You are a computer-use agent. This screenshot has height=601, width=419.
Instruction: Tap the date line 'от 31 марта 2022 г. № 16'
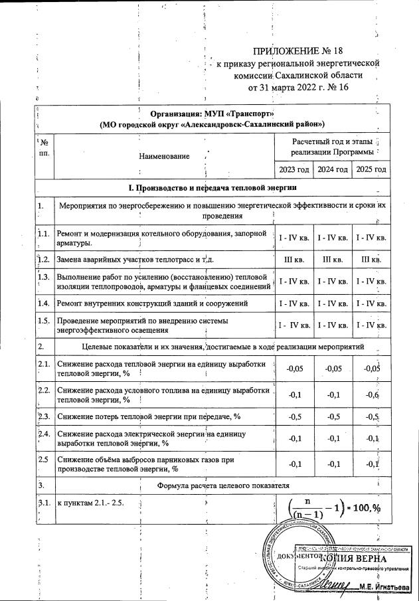click(297, 87)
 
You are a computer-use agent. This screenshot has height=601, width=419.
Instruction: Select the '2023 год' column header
click(294, 169)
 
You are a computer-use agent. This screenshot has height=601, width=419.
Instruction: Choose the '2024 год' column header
click(332, 169)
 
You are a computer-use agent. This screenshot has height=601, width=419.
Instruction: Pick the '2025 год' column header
click(371, 169)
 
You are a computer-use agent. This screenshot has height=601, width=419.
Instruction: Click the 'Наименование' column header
click(163, 157)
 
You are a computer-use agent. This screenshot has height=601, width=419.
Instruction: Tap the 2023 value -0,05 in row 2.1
click(294, 369)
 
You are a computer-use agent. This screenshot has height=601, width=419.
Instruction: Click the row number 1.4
click(44, 303)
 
